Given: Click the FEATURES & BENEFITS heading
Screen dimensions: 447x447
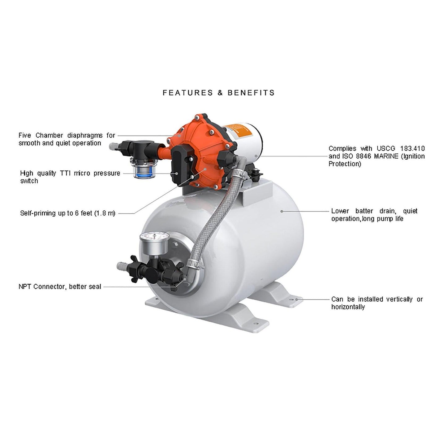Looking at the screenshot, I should click(x=219, y=92).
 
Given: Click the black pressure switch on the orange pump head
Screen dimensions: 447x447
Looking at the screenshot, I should click(x=178, y=164).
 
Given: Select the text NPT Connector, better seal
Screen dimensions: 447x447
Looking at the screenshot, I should click(x=60, y=287).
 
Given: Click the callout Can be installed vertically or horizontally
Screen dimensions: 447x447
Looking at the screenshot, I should click(x=377, y=303).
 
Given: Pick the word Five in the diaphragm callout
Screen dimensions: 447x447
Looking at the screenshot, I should click(x=26, y=135).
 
